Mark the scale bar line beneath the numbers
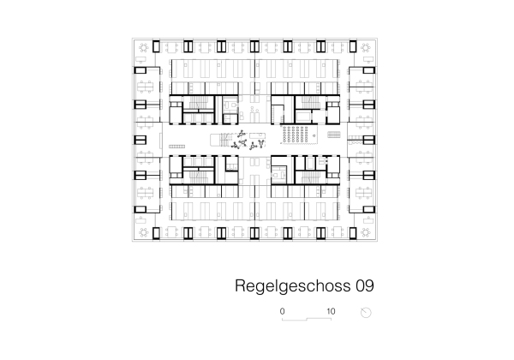pyautogui.click(x=307, y=319)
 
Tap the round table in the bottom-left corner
pyautogui.click(x=142, y=231)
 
